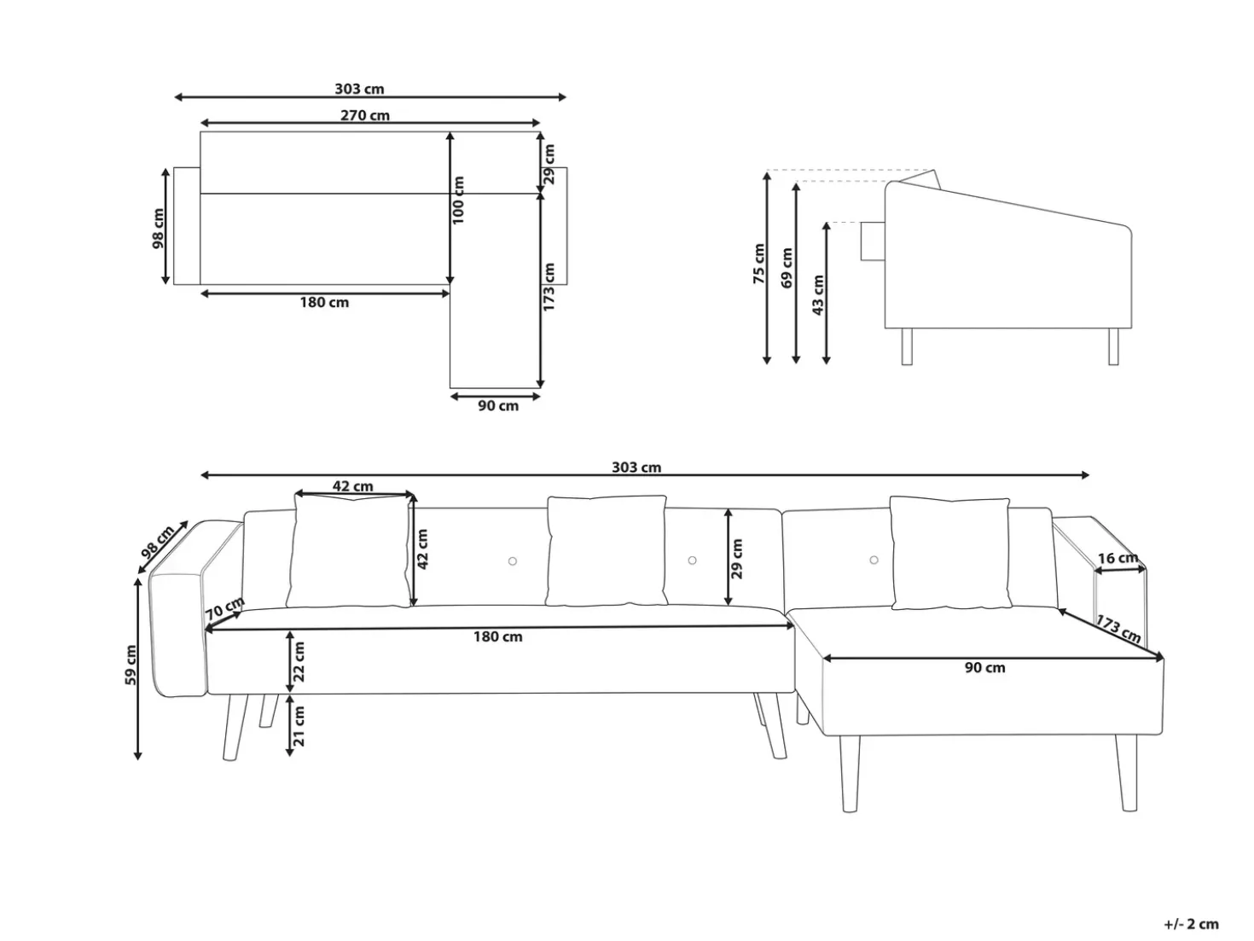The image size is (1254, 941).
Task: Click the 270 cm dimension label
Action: [x=365, y=115]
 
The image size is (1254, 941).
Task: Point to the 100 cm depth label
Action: [x=458, y=200]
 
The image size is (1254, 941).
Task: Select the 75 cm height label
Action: [x=758, y=264]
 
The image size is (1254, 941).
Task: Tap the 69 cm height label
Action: [x=787, y=268]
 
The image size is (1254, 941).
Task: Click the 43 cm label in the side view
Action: [x=817, y=295]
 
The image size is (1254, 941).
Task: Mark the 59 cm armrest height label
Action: [x=131, y=665]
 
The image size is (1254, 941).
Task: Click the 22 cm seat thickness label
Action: [x=299, y=662]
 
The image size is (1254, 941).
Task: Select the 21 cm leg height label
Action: [x=299, y=726]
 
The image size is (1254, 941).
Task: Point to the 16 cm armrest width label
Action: [x=1118, y=558]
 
